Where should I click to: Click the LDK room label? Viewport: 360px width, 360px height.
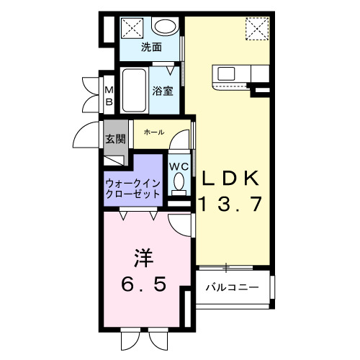pyautogui.click(x=230, y=178)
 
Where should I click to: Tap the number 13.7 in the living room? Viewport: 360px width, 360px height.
pyautogui.click(x=230, y=204)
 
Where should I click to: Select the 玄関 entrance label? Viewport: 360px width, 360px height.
pyautogui.click(x=115, y=139)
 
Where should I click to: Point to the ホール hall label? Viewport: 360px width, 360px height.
pyautogui.click(x=154, y=132)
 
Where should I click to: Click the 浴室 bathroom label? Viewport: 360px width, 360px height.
pyautogui.click(x=163, y=91)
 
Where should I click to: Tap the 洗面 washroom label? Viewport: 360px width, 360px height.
pyautogui.click(x=150, y=48)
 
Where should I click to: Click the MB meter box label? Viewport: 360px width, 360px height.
pyautogui.click(x=109, y=96)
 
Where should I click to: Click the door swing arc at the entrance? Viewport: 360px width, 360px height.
pyautogui.click(x=86, y=137)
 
